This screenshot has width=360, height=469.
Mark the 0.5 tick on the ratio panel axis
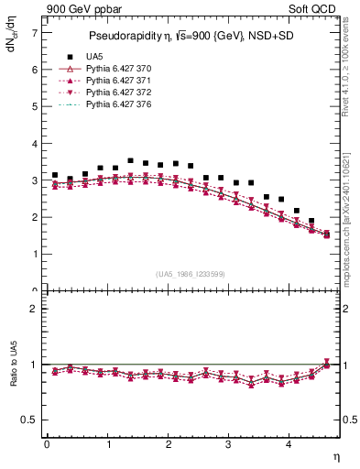pyautogui.click(x=29, y=420)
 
